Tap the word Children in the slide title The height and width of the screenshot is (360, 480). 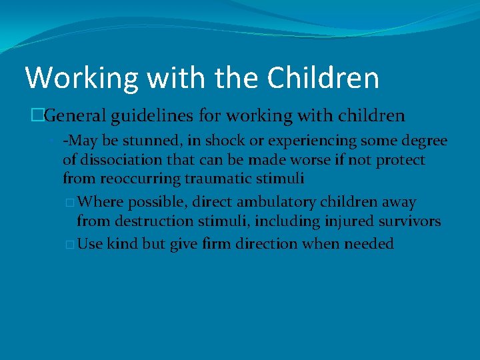click(323, 77)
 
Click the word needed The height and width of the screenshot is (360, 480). click(369, 244)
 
